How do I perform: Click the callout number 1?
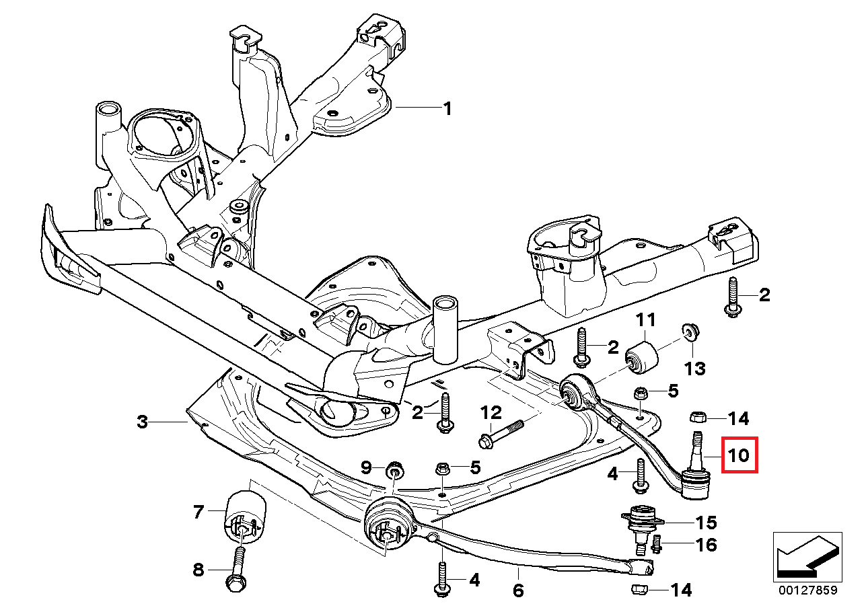(x=447, y=108)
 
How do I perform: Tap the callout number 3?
(x=142, y=422)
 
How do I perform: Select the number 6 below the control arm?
(x=518, y=591)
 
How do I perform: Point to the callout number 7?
(x=198, y=512)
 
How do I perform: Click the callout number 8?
(x=198, y=570)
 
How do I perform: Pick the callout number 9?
(x=367, y=466)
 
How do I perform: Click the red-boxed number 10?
(x=739, y=455)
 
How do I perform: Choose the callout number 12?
(x=491, y=411)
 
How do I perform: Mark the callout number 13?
(x=695, y=368)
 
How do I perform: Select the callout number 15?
(x=707, y=522)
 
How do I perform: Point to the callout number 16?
(x=707, y=544)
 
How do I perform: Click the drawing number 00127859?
(x=807, y=591)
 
